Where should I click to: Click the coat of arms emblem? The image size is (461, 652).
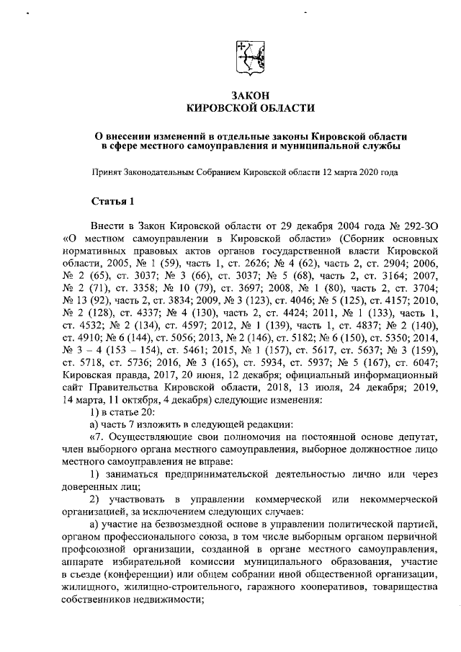251,56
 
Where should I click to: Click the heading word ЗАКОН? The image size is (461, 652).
251,95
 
